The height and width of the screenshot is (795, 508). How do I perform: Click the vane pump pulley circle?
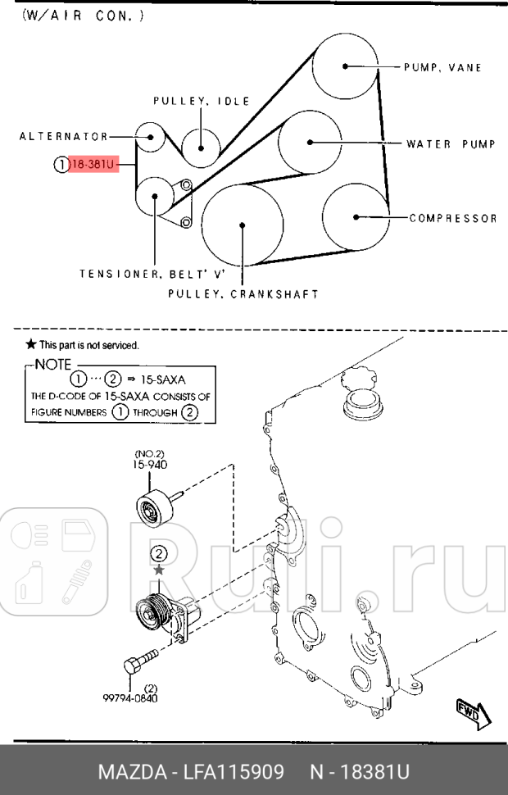(x=346, y=66)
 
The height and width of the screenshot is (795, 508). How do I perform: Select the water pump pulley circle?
(x=310, y=143)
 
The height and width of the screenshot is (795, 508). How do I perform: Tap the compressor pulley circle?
(x=355, y=216)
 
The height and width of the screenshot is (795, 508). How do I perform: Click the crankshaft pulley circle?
(x=243, y=224)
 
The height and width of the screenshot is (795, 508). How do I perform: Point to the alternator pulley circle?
(x=150, y=138)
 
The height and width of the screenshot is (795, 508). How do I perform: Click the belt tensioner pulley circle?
(x=155, y=197)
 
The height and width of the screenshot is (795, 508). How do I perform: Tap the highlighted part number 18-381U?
(x=94, y=165)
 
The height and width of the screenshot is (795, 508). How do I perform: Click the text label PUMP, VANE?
(x=442, y=67)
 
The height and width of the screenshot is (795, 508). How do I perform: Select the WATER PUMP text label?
(x=451, y=144)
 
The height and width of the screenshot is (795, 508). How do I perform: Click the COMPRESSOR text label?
(x=453, y=218)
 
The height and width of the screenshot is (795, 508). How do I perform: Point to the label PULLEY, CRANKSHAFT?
(x=243, y=293)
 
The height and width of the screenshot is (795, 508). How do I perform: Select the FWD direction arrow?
(x=474, y=714)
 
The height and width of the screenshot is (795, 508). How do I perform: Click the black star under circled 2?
(x=160, y=568)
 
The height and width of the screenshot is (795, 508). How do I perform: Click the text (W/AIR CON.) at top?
(x=83, y=15)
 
